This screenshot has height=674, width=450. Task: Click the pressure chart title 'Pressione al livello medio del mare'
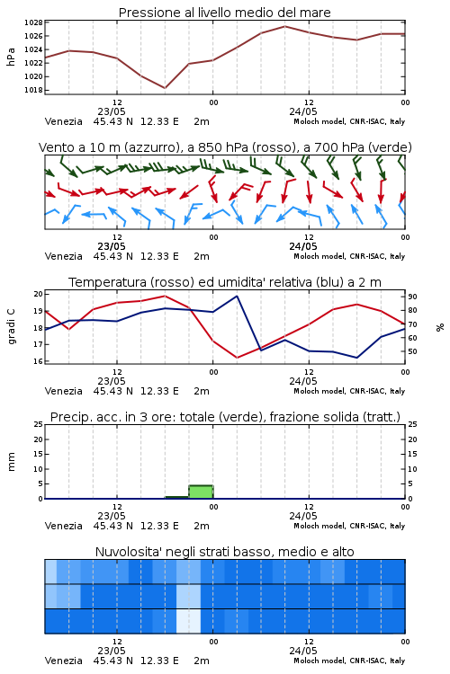click(224, 13)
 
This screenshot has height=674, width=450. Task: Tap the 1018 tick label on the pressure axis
click(33, 90)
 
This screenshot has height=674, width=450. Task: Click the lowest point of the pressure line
click(165, 88)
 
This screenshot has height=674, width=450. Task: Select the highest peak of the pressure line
click(284, 26)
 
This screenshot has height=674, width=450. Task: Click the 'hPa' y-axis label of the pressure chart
click(11, 57)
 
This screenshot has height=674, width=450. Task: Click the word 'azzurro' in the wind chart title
click(150, 147)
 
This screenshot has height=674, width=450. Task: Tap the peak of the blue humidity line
click(237, 296)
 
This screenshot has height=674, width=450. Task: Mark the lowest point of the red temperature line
click(238, 358)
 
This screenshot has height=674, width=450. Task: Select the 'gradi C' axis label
click(11, 327)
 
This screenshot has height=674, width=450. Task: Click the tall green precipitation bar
click(201, 492)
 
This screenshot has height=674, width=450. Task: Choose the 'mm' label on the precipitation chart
click(11, 462)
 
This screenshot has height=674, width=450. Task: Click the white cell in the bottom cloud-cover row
click(189, 621)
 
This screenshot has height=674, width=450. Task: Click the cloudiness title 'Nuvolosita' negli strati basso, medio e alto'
click(224, 552)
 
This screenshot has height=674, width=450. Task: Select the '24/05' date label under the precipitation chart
click(303, 516)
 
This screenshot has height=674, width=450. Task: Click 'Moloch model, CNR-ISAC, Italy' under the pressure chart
click(349, 121)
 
